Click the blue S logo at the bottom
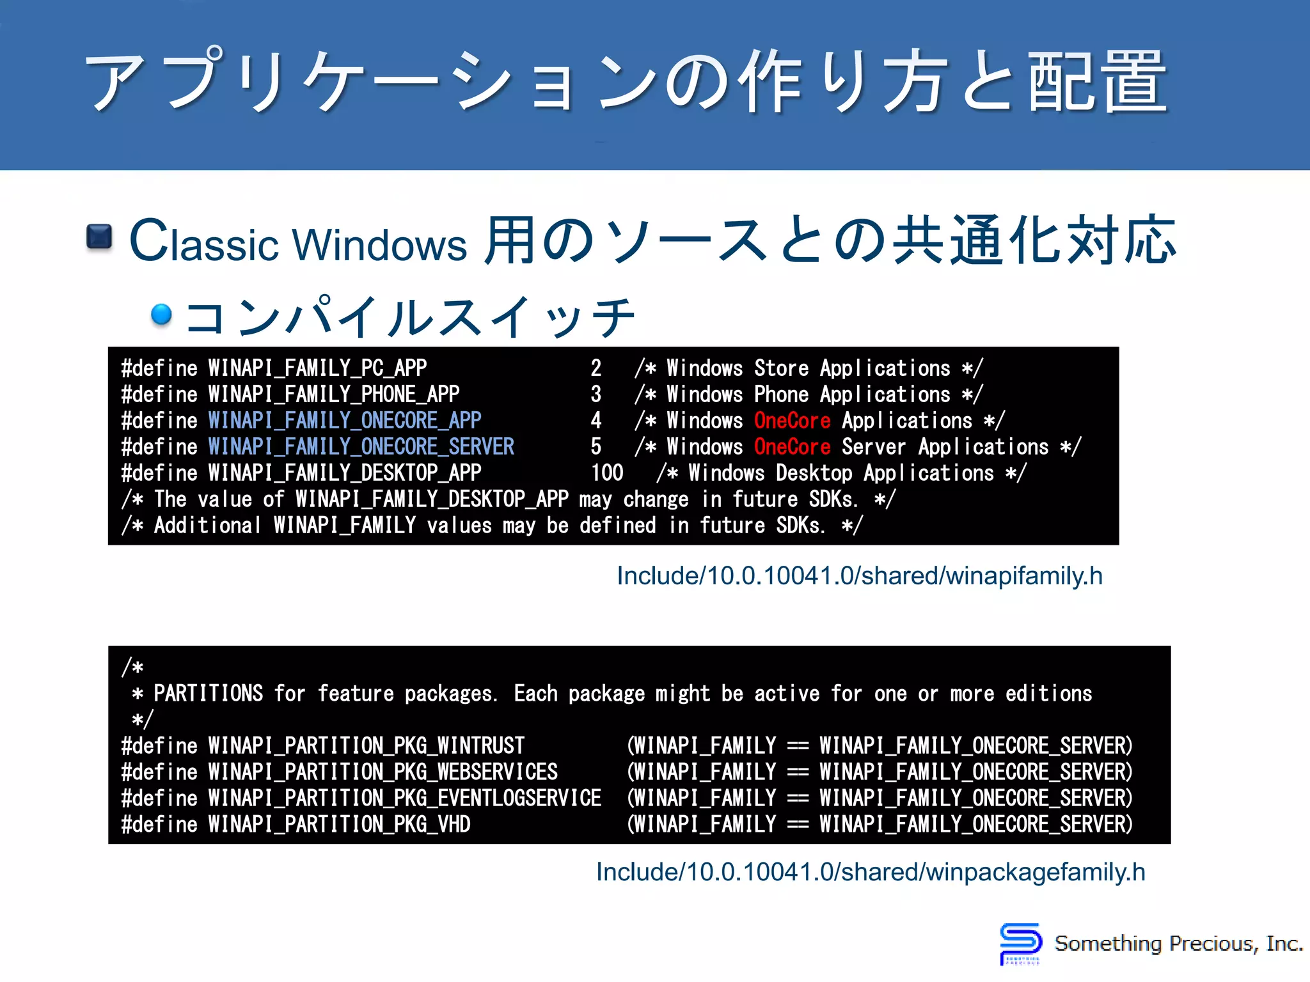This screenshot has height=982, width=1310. (x=1020, y=942)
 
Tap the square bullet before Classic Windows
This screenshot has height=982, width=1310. (x=99, y=237)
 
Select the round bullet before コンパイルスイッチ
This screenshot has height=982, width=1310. (x=161, y=314)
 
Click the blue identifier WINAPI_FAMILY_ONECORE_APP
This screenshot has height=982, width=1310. (x=344, y=421)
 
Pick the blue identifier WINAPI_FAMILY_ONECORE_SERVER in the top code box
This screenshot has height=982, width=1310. (x=361, y=447)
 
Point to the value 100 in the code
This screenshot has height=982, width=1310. (x=606, y=473)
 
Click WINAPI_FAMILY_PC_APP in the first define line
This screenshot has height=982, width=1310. (x=317, y=368)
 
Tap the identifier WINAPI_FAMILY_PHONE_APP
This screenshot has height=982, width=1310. (x=333, y=394)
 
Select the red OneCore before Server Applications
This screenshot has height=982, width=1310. (x=792, y=447)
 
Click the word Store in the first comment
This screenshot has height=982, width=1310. (x=781, y=368)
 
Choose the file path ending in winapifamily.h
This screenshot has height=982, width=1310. (x=859, y=576)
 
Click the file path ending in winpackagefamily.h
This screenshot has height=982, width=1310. (x=870, y=872)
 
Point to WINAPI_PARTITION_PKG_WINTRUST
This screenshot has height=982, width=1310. (x=366, y=746)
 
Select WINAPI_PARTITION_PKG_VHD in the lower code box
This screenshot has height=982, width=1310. (x=339, y=825)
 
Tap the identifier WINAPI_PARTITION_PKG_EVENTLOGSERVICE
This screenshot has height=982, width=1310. (x=404, y=799)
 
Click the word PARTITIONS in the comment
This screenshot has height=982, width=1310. (x=208, y=694)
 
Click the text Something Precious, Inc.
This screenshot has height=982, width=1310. (x=1178, y=944)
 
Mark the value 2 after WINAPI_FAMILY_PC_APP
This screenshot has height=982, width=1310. (x=596, y=368)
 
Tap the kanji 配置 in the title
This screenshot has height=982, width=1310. (x=1098, y=81)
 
